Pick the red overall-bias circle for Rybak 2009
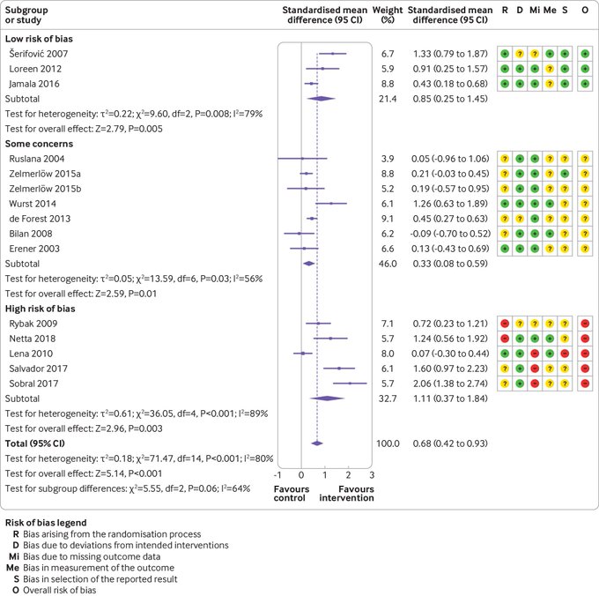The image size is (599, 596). point(586,324)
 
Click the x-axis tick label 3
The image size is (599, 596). point(372,474)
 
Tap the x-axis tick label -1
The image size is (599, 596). point(279,474)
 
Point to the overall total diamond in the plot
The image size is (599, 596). point(317,443)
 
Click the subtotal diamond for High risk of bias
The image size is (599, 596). point(327,399)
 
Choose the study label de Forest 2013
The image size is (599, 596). point(37,218)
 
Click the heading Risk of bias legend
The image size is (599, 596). point(46,522)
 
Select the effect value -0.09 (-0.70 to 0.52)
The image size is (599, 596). point(452,233)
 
